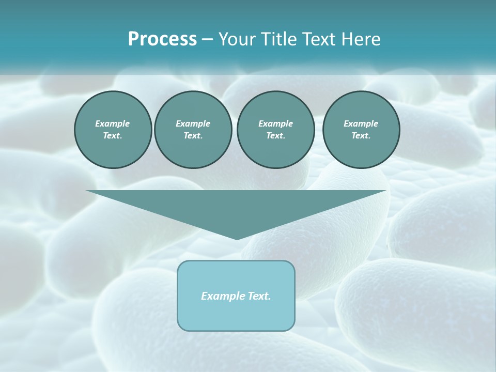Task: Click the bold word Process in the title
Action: point(162,39)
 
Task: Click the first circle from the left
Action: point(113,130)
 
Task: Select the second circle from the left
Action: point(193,130)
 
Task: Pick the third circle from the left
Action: point(275,130)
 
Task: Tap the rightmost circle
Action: point(361,130)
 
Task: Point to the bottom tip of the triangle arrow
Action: point(237,238)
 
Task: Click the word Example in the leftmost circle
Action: point(113,123)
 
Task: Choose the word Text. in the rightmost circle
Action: point(361,136)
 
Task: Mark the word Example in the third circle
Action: point(275,123)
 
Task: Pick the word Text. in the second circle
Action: point(193,136)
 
